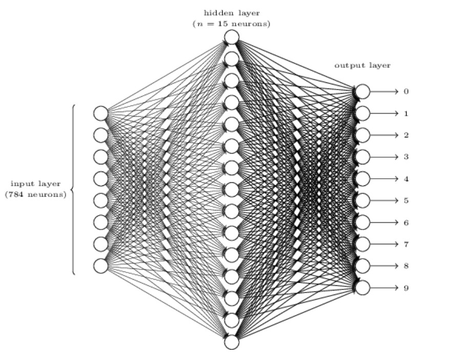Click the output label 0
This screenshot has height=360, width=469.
click(x=406, y=92)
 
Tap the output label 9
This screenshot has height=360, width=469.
click(x=406, y=288)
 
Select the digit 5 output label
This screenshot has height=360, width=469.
click(x=406, y=200)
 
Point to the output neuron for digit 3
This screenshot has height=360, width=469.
click(x=362, y=157)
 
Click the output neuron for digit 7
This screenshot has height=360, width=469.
click(x=362, y=244)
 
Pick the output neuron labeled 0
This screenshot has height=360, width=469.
click(x=362, y=92)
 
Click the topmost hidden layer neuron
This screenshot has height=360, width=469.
click(x=232, y=37)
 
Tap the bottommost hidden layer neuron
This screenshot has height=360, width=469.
click(x=232, y=342)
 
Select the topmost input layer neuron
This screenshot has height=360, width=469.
click(x=101, y=114)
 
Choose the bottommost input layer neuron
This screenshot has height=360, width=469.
click(x=101, y=266)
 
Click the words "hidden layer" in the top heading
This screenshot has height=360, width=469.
click(x=232, y=13)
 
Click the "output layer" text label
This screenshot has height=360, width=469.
click(x=362, y=66)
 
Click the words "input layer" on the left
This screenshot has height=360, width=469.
click(x=35, y=184)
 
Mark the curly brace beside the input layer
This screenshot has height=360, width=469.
click(x=72, y=189)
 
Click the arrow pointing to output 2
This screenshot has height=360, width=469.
click(x=384, y=135)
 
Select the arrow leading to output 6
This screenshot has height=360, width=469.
click(x=384, y=223)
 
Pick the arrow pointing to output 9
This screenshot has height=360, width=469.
click(x=384, y=288)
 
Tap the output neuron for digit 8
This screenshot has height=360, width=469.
click(x=362, y=266)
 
